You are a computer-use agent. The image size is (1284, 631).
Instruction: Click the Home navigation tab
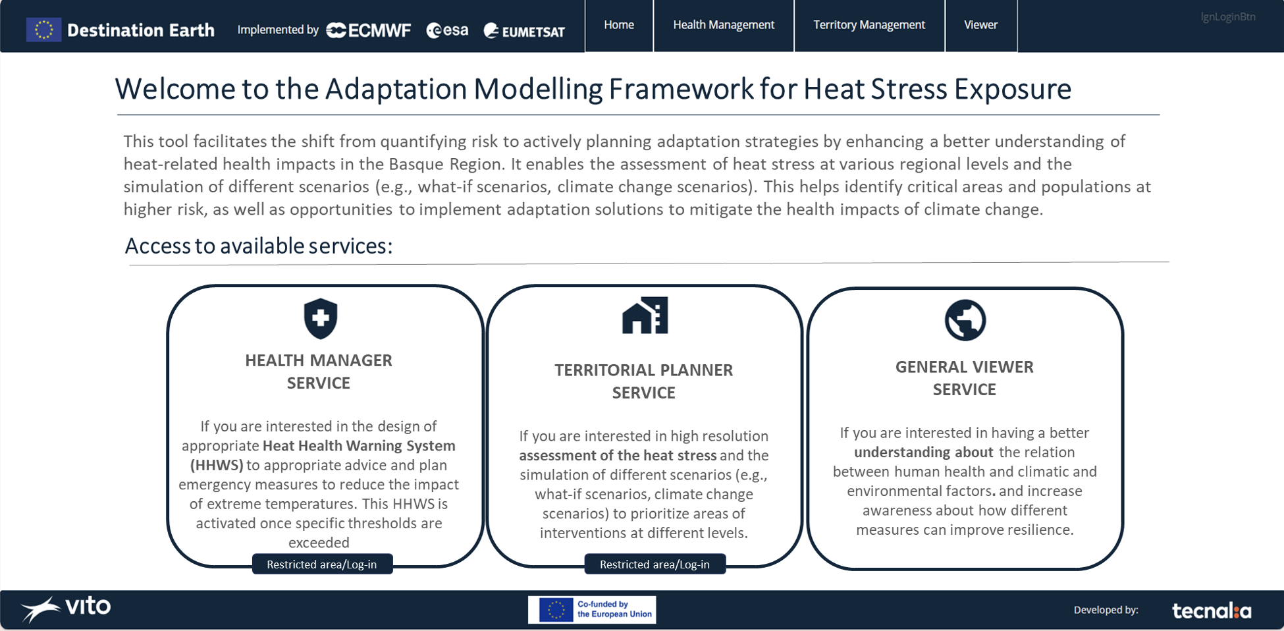tap(619, 25)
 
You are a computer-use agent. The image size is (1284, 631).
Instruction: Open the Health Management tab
tap(724, 25)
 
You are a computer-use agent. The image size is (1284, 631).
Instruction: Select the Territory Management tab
tap(869, 25)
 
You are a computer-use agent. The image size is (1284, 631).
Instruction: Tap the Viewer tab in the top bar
tap(980, 25)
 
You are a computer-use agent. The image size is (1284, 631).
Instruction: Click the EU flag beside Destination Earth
tap(43, 30)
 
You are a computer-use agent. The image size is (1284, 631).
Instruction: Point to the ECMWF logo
tap(369, 30)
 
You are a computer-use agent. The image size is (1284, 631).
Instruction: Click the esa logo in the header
tap(448, 30)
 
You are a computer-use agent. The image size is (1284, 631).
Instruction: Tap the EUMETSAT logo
tap(525, 31)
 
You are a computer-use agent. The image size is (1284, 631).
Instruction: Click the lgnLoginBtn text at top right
tap(1227, 17)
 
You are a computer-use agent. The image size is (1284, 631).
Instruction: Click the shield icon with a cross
tap(321, 318)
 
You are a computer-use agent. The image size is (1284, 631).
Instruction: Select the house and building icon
tap(645, 315)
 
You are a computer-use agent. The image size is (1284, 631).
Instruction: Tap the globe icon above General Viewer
tap(965, 320)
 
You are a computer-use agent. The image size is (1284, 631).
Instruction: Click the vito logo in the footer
tap(66, 608)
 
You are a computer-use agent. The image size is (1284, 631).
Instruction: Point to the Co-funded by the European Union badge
tap(592, 610)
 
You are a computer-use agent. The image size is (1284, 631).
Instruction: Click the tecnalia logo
tap(1212, 611)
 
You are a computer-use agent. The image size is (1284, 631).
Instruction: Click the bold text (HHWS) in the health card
tap(217, 465)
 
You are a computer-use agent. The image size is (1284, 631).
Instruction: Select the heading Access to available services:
tap(259, 246)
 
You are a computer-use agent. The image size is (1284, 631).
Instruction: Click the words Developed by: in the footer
tap(1106, 610)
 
